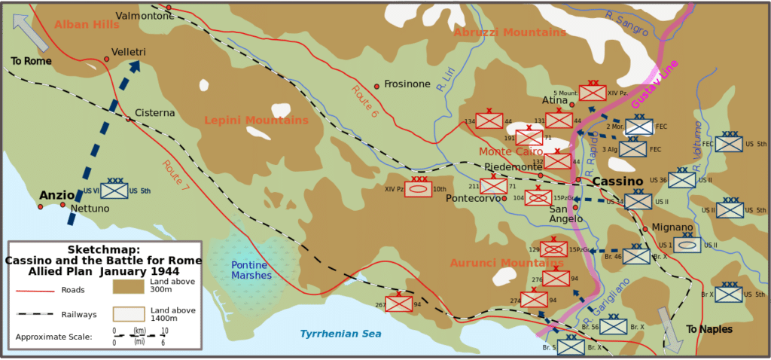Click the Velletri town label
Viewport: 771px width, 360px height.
coord(129,52)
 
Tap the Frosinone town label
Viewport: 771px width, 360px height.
coord(407,84)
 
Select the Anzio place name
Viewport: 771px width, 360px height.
coord(57,195)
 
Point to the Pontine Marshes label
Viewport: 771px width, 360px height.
coord(251,270)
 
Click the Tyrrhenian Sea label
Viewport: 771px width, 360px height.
coord(340,334)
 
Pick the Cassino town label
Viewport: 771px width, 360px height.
coord(617,182)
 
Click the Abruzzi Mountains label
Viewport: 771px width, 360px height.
coord(509,32)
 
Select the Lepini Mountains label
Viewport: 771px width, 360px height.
coord(256,121)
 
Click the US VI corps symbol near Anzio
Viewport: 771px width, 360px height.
coord(114,191)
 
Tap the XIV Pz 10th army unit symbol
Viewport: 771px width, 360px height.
coord(418,189)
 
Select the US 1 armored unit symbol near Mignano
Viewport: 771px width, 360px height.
coord(687,245)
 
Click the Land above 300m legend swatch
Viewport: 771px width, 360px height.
coord(128,286)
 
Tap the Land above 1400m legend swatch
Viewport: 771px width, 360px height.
coord(128,314)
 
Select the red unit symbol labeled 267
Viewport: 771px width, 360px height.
coord(399,304)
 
